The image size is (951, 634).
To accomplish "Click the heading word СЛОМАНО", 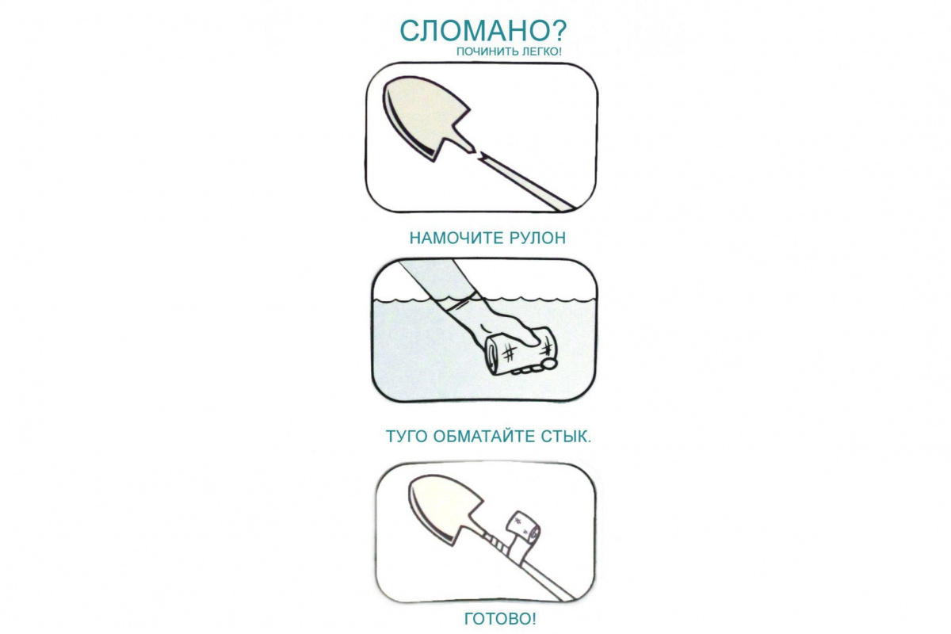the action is [x=469, y=31].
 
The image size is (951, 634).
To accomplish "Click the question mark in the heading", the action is [x=554, y=31].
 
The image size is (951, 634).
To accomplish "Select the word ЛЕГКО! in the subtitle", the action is [x=541, y=52].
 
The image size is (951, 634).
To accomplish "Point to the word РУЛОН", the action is [x=532, y=239].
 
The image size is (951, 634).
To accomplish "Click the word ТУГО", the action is [x=406, y=437].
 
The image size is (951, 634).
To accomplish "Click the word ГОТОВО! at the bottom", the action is [x=500, y=619].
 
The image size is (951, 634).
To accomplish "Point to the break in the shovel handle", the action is [x=479, y=154].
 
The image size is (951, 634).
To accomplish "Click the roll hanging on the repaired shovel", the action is [x=525, y=531].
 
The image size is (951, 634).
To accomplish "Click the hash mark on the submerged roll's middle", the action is [x=509, y=352].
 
